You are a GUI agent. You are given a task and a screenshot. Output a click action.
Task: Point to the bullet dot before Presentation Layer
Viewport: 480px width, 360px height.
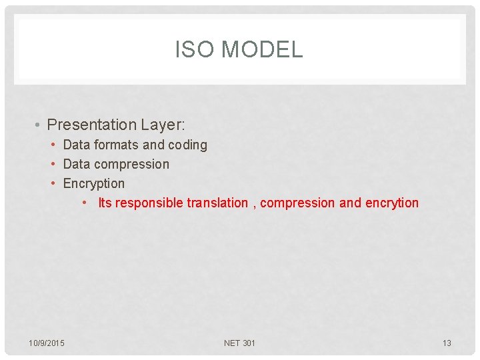[x=39, y=125]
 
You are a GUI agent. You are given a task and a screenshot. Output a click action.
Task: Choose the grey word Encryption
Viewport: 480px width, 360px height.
[x=94, y=183]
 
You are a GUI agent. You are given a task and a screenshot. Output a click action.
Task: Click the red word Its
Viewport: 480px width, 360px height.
[x=105, y=203]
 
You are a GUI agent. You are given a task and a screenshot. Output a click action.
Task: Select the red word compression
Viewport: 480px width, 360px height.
[x=297, y=203]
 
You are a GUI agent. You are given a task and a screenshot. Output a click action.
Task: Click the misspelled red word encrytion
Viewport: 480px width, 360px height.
[x=392, y=203]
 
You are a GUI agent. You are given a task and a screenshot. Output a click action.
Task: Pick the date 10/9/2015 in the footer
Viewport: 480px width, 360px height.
[x=47, y=343]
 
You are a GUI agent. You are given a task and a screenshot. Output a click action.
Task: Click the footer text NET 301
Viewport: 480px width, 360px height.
[x=239, y=343]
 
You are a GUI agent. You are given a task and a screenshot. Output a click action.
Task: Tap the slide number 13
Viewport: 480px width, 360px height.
[x=447, y=343]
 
